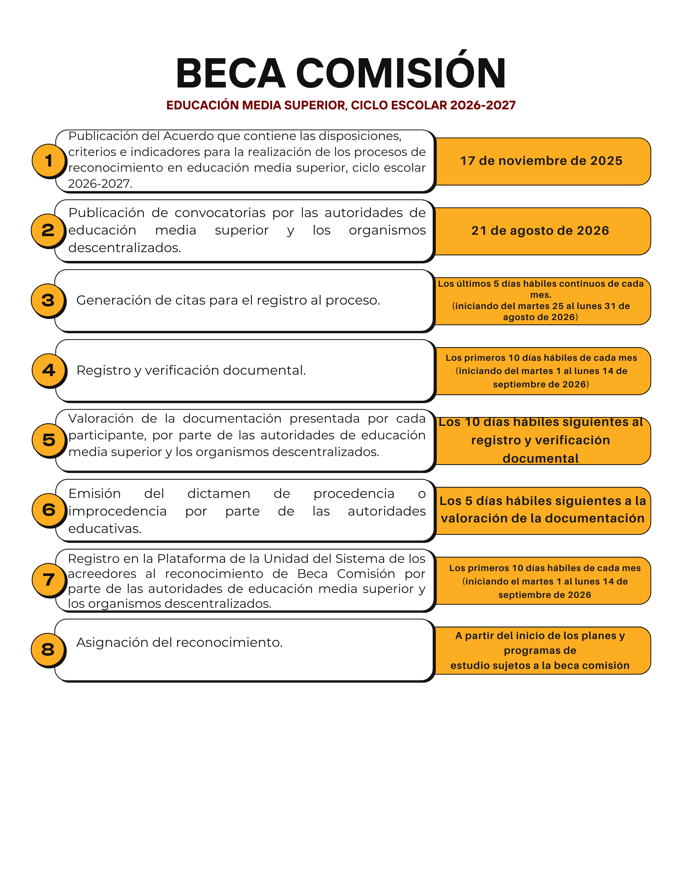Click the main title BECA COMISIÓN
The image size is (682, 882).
pyautogui.click(x=341, y=73)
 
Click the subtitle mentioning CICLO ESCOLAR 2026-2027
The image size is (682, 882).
pyautogui.click(x=341, y=105)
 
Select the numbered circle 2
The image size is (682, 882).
pyautogui.click(x=48, y=230)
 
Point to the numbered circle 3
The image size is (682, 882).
pyautogui.click(x=48, y=300)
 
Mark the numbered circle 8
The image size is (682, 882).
pyautogui.click(x=48, y=649)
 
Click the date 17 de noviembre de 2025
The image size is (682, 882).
pyautogui.click(x=541, y=161)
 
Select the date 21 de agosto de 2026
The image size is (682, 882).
pyautogui.click(x=540, y=230)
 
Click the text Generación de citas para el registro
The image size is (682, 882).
pyautogui.click(x=228, y=300)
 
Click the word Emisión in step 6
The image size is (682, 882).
pyautogui.click(x=95, y=493)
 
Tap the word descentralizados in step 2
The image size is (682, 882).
pyautogui.click(x=124, y=248)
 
